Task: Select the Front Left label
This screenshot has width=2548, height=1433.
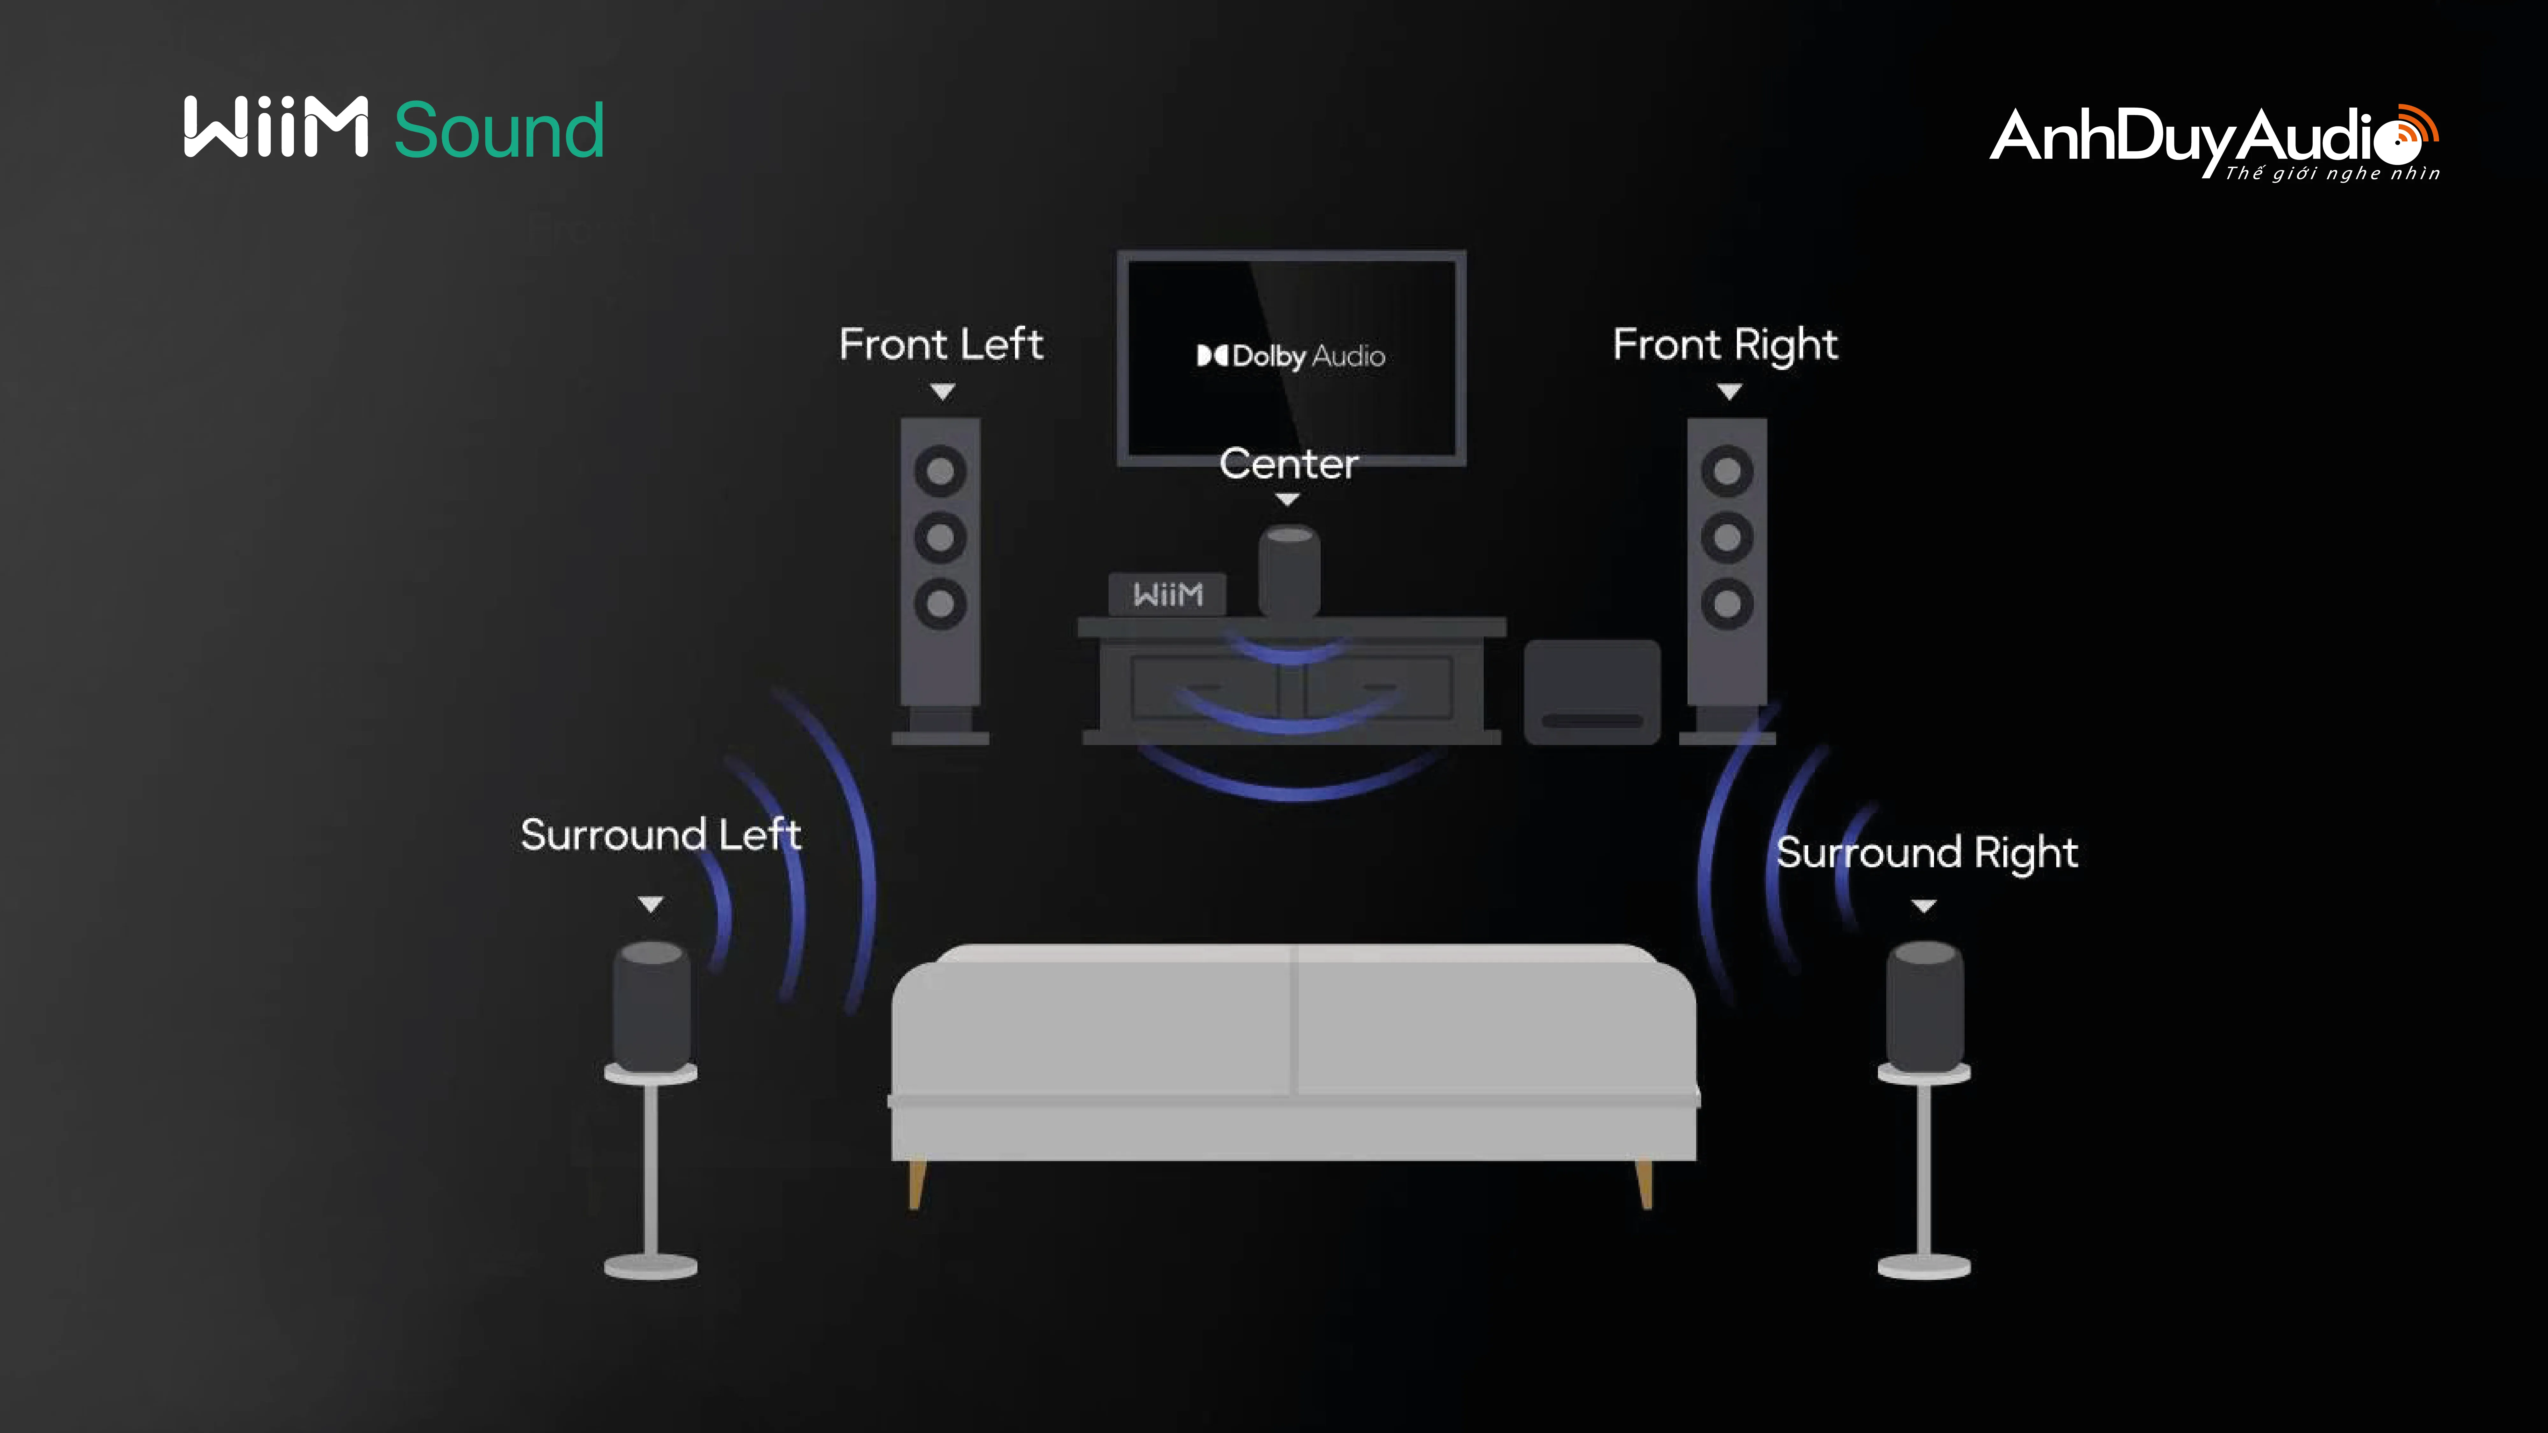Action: point(941,344)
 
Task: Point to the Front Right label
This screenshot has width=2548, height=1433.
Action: point(1725,344)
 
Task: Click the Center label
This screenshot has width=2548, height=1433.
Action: point(1288,464)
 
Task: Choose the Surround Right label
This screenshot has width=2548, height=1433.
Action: point(1926,853)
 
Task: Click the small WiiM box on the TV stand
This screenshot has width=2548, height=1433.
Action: point(1167,594)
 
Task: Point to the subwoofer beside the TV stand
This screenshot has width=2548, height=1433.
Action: point(1592,691)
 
